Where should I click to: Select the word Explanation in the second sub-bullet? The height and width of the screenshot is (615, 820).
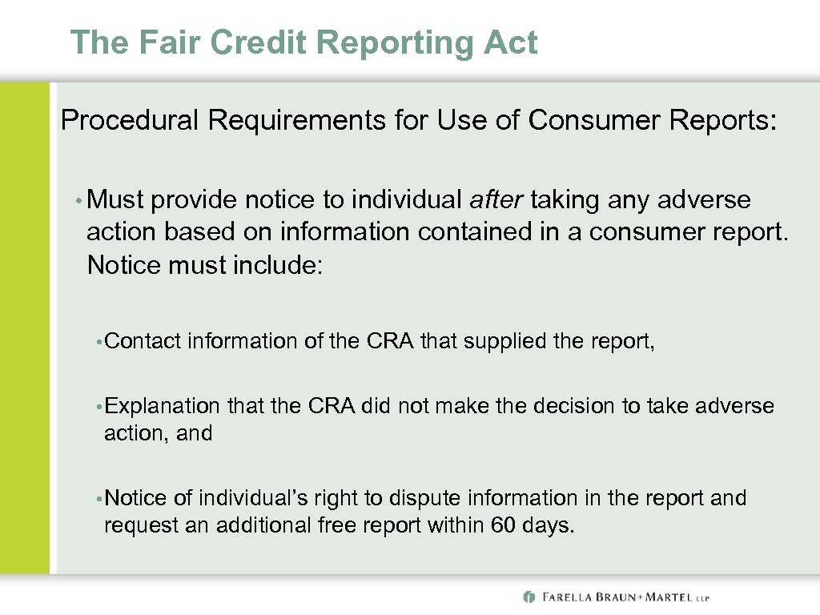[162, 406]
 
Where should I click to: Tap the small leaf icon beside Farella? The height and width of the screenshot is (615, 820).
[529, 597]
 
